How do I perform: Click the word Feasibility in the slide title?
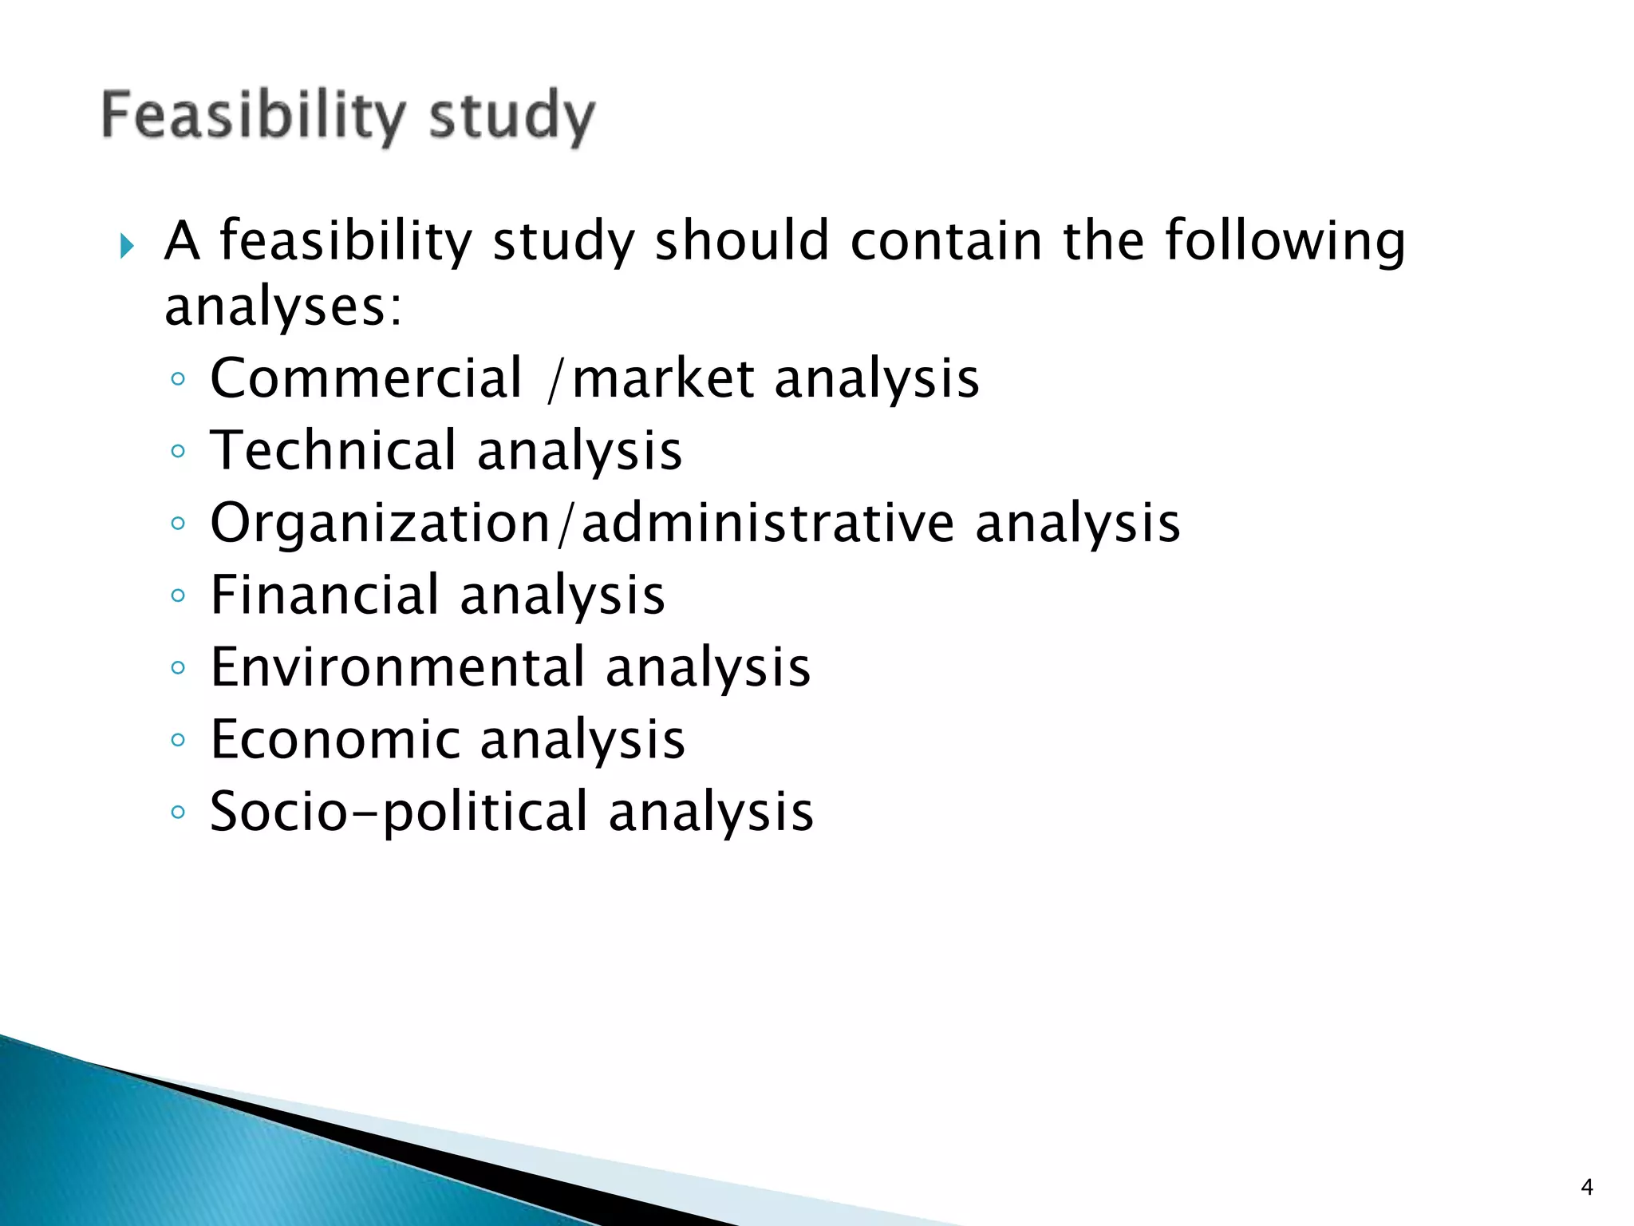tap(253, 116)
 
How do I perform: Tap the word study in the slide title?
tap(511, 117)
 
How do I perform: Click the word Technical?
tap(333, 451)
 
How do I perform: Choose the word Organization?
tap(380, 524)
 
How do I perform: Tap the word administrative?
tap(767, 524)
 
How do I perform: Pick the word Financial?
tap(324, 595)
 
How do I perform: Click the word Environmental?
tap(397, 668)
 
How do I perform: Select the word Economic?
tap(334, 740)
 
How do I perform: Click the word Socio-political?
tap(398, 813)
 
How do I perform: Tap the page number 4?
tap(1587, 1188)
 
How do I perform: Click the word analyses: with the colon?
tap(283, 306)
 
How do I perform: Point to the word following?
tap(1285, 241)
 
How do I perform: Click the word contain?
tap(946, 241)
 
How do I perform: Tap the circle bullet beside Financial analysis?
tap(178, 595)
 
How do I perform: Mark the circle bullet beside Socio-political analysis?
tap(178, 813)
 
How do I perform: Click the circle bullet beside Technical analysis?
tap(178, 451)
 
